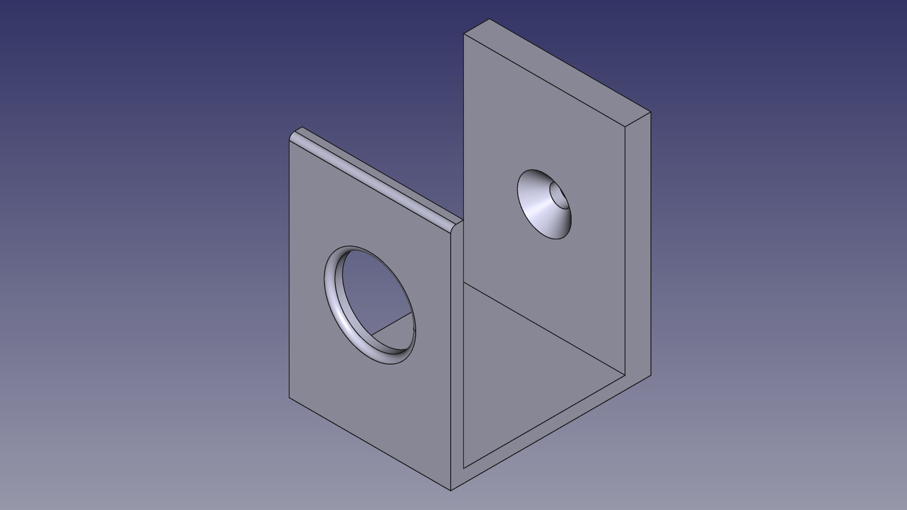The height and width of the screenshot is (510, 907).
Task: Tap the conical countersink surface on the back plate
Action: tap(539, 208)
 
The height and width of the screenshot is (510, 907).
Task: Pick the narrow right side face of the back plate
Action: tap(638, 246)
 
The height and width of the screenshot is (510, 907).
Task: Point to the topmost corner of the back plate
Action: tap(489, 19)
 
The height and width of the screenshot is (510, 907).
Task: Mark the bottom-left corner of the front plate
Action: tap(289, 398)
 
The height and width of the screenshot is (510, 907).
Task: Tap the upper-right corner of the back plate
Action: tap(650, 112)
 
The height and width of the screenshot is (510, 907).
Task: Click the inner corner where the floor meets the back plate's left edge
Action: tap(464, 282)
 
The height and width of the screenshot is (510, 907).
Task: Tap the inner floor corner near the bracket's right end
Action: tap(625, 376)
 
